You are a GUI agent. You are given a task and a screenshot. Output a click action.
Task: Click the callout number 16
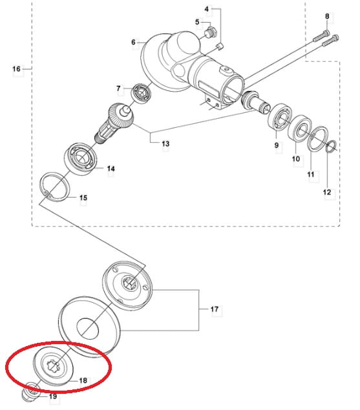[x=16, y=69]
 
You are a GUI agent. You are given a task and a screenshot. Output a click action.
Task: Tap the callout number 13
[x=165, y=143]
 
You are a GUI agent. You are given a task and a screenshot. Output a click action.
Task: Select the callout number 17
[x=215, y=309]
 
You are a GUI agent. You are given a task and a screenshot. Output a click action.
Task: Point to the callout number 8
[x=327, y=16]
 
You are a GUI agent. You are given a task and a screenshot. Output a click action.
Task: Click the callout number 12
[x=327, y=192]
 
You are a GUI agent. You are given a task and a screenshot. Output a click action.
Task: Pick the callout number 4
[x=207, y=9]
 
